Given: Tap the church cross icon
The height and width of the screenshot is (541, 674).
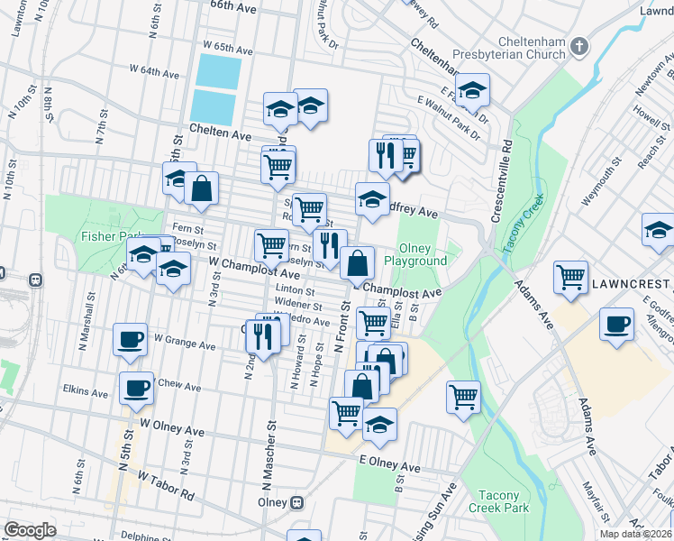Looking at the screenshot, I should pos(580,44).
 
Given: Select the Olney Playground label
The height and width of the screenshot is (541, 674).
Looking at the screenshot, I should pos(415,254).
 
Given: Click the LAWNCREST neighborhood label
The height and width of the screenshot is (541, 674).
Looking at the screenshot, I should pos(632,283).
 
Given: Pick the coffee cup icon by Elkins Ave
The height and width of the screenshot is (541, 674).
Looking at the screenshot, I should pos(136,387).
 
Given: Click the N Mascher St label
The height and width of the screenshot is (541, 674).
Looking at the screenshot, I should pos(269,460).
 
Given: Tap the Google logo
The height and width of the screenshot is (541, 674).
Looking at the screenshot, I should pos(30,530).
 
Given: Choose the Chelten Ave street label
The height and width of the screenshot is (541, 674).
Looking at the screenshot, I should pos(220,133).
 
